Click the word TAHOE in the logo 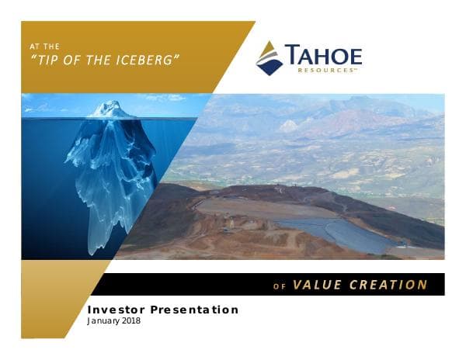point(323,56)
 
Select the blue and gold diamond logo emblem point(270,58)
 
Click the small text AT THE point(43,47)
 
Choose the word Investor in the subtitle point(116,310)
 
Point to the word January point(104,321)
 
